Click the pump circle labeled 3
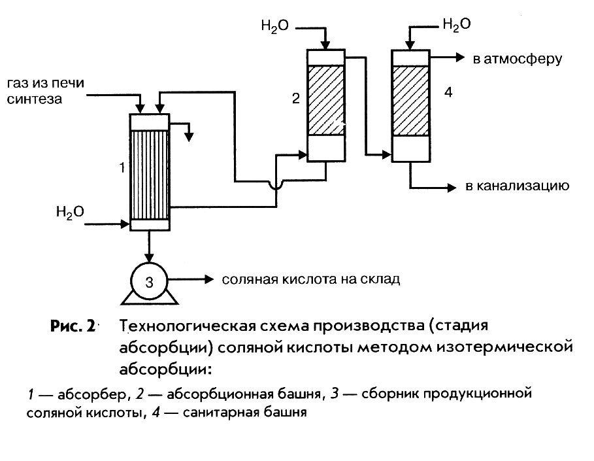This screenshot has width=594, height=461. pyautogui.click(x=150, y=282)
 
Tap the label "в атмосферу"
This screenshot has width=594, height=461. pyautogui.click(x=517, y=60)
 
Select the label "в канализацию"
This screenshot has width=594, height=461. pyautogui.click(x=517, y=186)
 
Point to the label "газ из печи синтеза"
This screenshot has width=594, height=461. pyautogui.click(x=45, y=92)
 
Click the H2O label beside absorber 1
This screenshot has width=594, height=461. pyautogui.click(x=70, y=212)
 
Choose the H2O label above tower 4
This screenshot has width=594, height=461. pyautogui.click(x=456, y=24)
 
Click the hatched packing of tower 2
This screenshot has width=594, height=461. pyautogui.click(x=326, y=100)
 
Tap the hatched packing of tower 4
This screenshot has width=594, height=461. pyautogui.click(x=410, y=100)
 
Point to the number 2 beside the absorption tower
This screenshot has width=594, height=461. pyautogui.click(x=295, y=99)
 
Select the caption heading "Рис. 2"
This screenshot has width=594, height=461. pyautogui.click(x=72, y=326)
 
